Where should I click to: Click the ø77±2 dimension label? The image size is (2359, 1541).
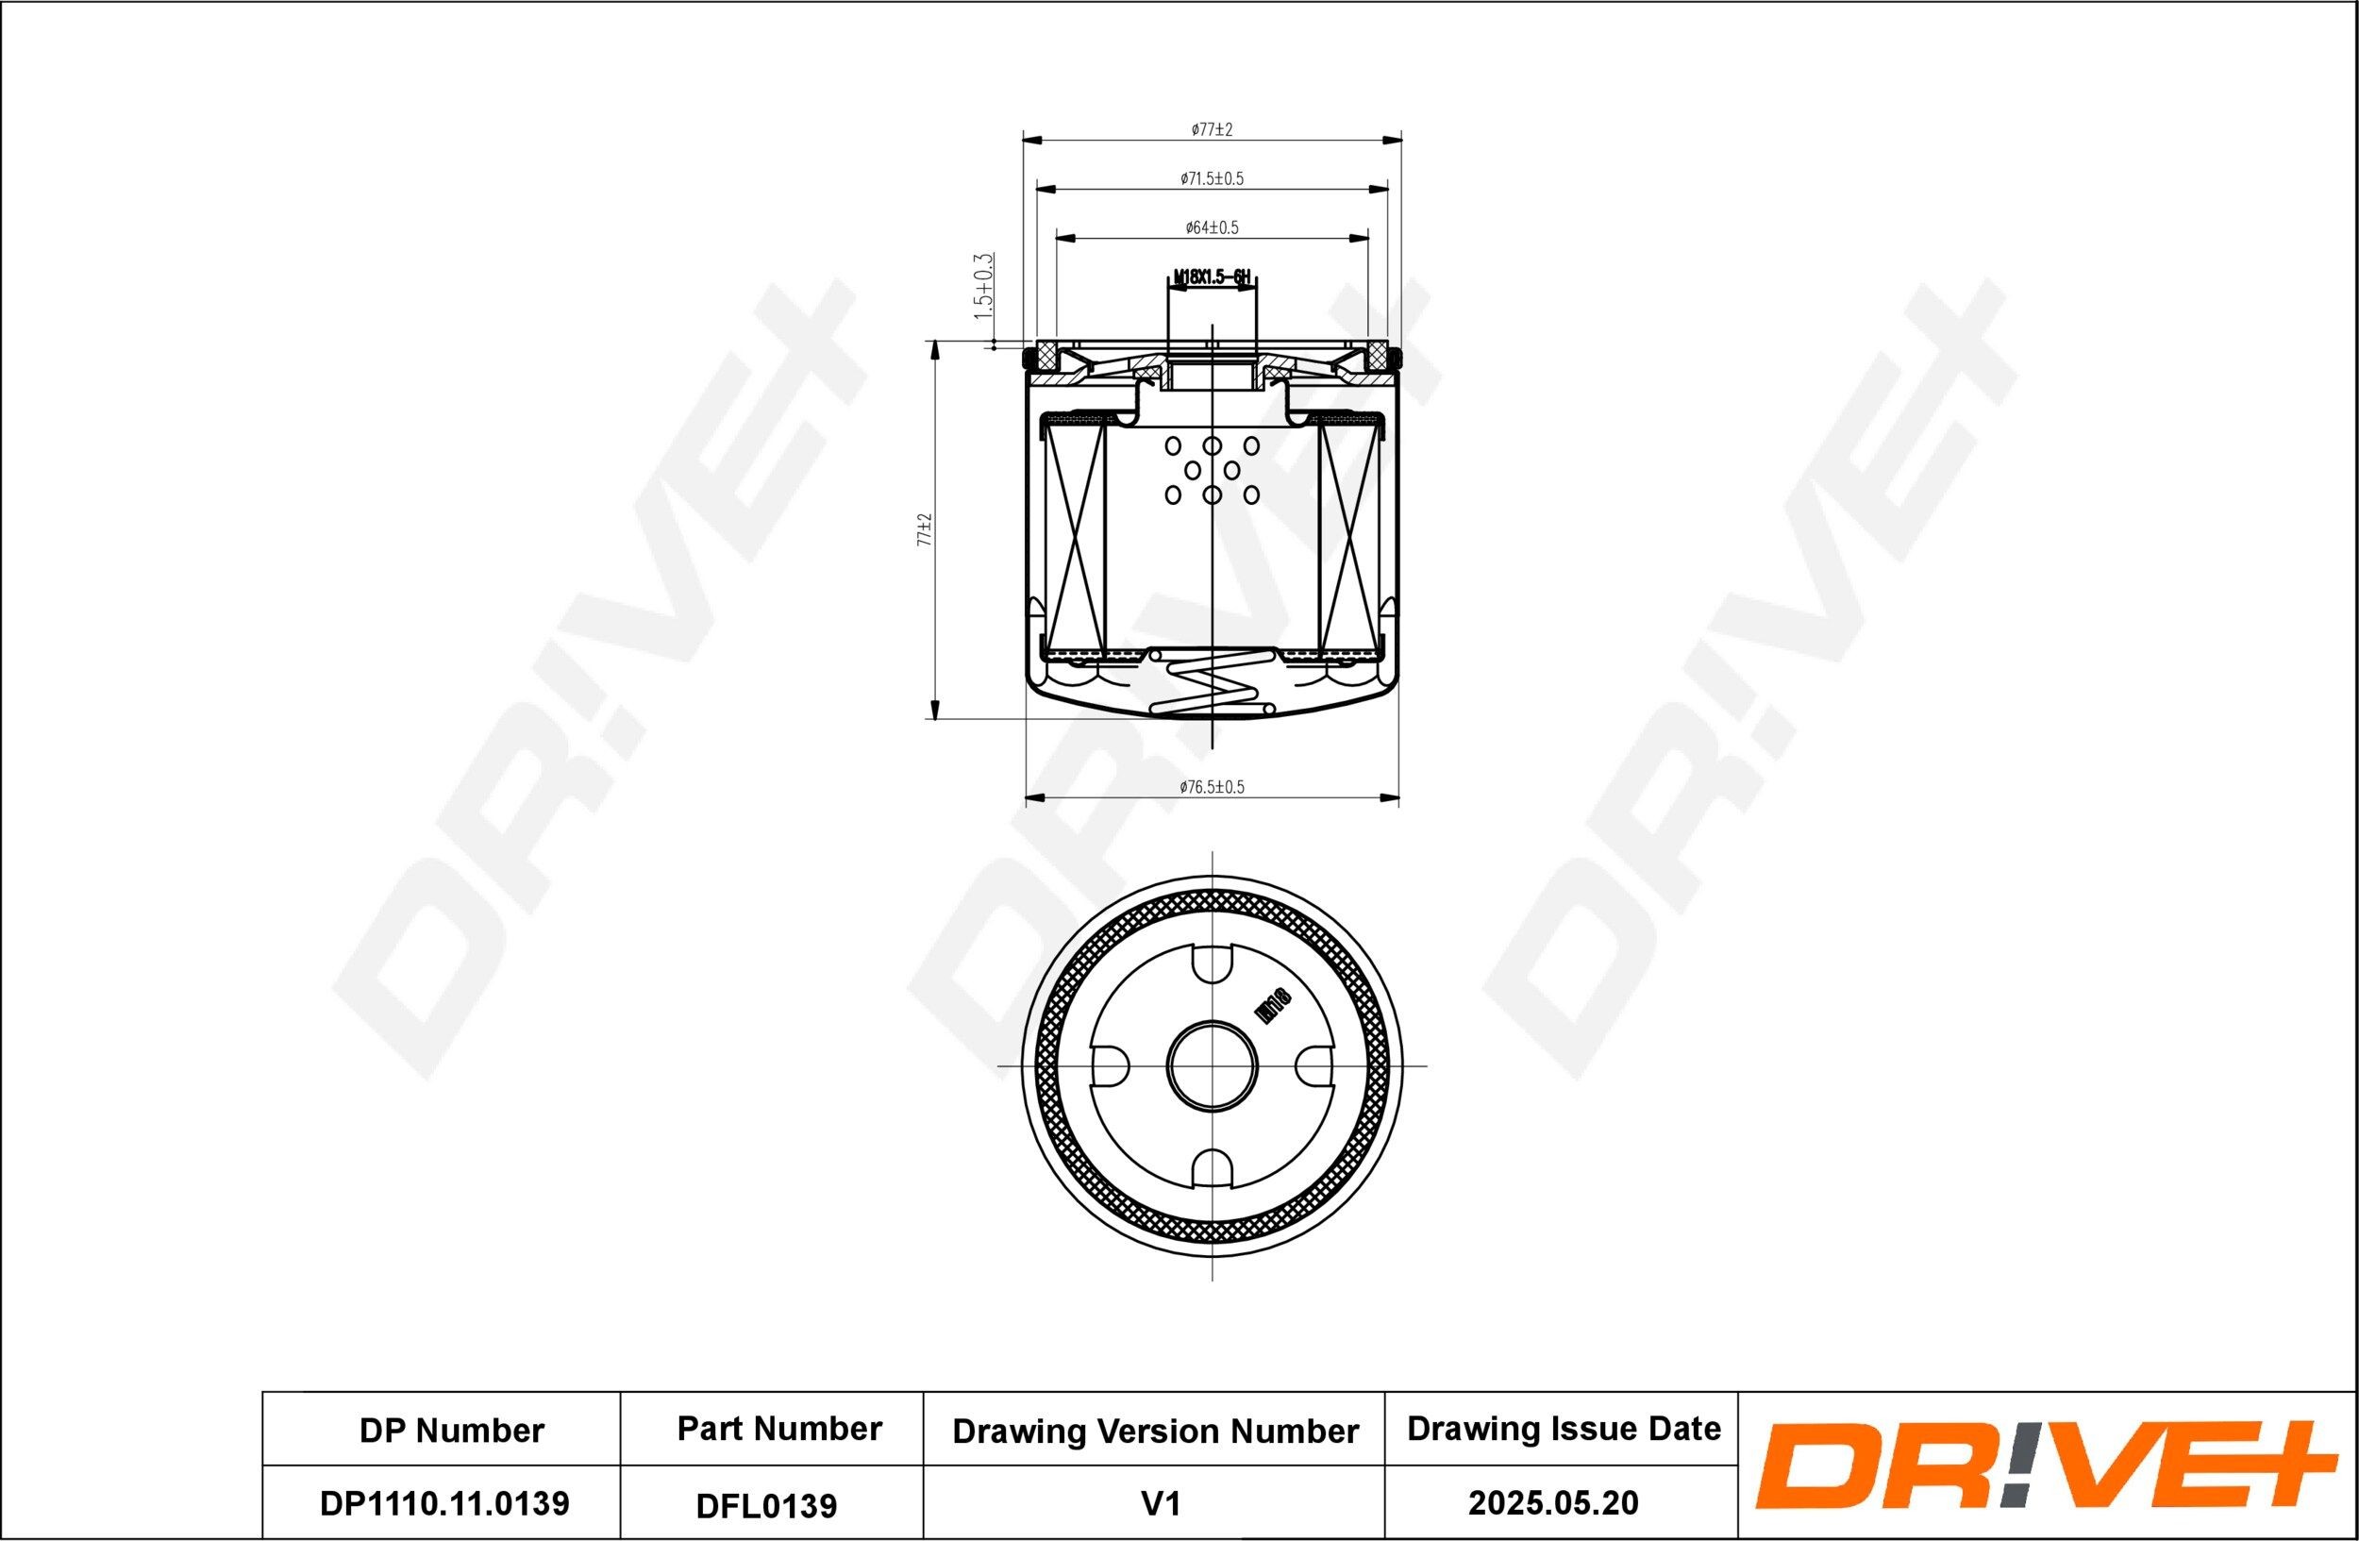(x=1212, y=130)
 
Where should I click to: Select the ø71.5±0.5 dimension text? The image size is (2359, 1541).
(x=1212, y=179)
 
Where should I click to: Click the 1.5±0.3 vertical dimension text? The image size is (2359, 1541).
(x=983, y=285)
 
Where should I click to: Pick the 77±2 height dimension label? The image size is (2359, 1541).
(x=926, y=530)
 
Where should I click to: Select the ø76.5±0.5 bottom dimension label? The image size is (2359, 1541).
(x=1212, y=787)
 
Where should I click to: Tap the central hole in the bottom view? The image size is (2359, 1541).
(x=1212, y=1066)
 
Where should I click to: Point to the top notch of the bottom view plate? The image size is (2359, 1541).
(x=1212, y=963)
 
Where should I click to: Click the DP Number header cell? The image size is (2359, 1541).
(x=451, y=1430)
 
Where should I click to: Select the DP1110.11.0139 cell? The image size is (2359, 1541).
(x=444, y=1503)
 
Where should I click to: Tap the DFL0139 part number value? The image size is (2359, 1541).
(x=766, y=1505)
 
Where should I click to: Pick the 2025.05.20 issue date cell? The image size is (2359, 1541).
(x=1553, y=1503)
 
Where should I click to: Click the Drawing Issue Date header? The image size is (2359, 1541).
(x=1564, y=1429)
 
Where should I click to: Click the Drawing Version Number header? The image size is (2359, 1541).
(x=1155, y=1431)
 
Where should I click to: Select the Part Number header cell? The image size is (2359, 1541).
(x=779, y=1429)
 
